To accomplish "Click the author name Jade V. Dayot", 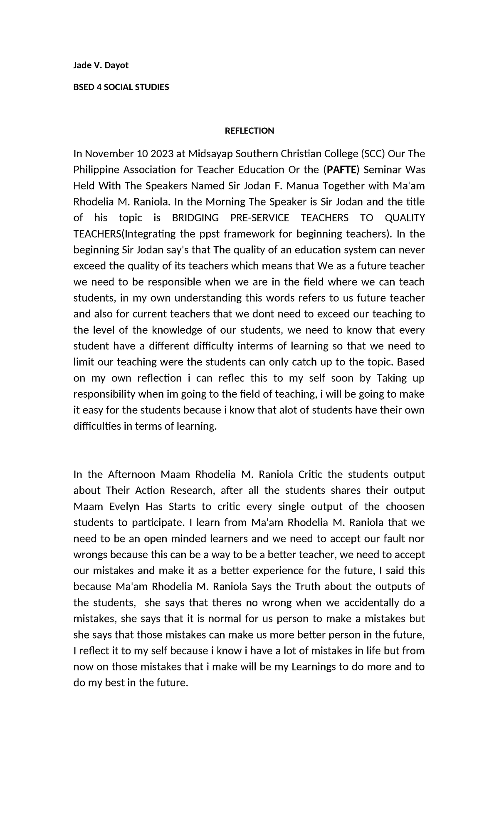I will (101, 65).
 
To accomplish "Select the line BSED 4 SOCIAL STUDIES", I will (121, 87).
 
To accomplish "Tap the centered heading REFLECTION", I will (249, 131).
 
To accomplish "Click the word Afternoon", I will (131, 475).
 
